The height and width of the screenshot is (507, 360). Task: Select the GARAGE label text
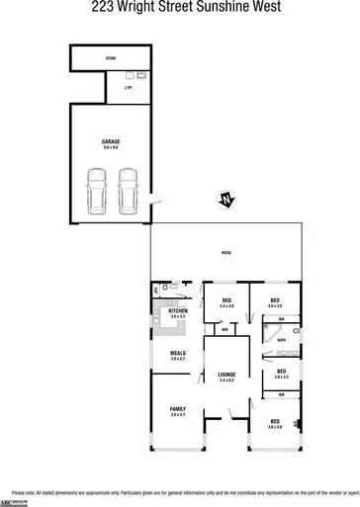click(111, 141)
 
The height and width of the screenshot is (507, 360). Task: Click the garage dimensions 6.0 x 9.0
click(111, 147)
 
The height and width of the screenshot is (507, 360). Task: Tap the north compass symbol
click(226, 202)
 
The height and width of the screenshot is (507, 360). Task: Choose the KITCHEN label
click(178, 311)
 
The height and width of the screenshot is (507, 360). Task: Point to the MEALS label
click(178, 353)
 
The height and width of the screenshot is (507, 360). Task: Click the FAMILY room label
click(178, 408)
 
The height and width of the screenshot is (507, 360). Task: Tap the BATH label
click(282, 341)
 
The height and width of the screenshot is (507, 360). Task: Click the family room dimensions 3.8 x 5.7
click(178, 414)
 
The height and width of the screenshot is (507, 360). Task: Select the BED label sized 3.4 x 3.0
click(226, 300)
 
